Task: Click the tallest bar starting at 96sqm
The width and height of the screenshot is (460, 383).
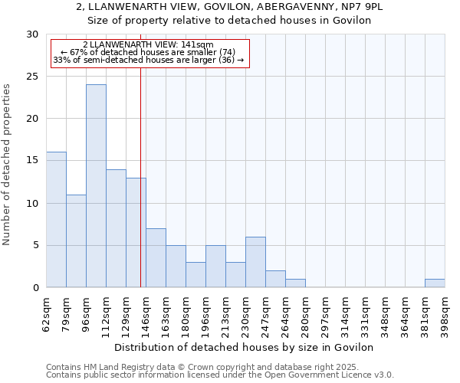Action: point(96,186)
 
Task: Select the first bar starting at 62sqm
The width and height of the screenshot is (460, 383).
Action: point(56,220)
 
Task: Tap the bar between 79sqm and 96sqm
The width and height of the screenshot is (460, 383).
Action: point(76,241)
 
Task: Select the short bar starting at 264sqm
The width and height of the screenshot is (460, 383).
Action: point(295,283)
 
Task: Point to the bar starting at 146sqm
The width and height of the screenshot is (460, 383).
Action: point(156,258)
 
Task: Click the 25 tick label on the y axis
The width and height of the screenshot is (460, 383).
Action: point(32,77)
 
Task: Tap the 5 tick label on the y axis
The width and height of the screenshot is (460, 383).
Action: point(35,246)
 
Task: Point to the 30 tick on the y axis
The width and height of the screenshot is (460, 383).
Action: point(32,34)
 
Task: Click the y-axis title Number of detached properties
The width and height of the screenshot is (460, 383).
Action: point(8,165)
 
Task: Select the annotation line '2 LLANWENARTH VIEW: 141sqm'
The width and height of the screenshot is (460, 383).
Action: point(148,45)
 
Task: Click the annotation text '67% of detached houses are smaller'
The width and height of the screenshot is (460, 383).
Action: point(148,52)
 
